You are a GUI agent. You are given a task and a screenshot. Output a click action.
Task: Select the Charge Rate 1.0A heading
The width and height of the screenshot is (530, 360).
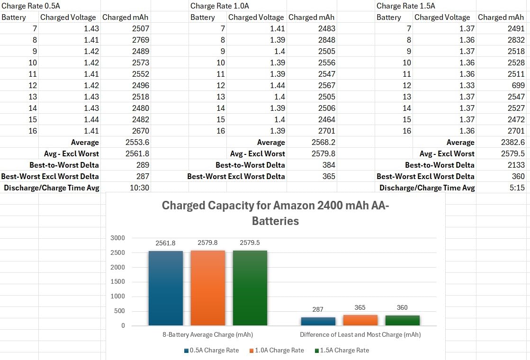(219, 6)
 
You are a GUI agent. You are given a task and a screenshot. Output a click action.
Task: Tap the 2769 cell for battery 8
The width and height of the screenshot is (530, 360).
(140, 40)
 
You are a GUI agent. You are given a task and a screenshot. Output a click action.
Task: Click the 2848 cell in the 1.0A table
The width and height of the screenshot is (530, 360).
(326, 40)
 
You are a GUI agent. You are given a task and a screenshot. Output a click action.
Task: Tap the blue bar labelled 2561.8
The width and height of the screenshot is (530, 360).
(166, 288)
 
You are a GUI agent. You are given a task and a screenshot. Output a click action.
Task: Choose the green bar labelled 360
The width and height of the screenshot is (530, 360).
(402, 321)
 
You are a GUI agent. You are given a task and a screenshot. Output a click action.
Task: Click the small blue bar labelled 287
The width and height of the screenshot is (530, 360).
(318, 322)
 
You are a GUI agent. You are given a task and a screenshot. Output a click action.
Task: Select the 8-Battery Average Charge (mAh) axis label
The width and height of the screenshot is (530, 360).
(207, 334)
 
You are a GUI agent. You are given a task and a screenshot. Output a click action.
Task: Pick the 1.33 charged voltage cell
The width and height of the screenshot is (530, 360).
(467, 85)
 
